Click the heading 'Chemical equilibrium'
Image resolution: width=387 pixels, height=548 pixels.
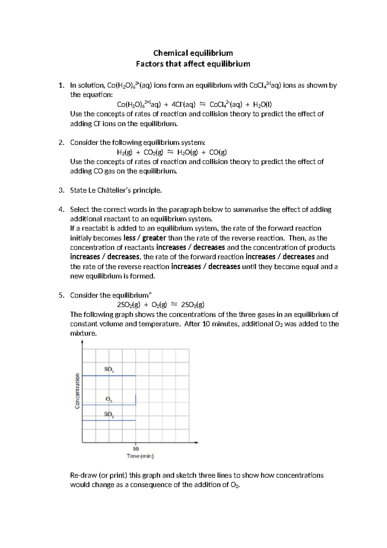tap(193, 53)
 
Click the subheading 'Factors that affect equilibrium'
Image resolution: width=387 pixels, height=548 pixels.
tap(193, 64)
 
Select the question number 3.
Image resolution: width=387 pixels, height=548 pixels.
tap(61, 190)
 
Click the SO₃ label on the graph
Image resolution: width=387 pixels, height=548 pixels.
tap(109, 369)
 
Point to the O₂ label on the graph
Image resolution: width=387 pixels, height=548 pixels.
tap(109, 399)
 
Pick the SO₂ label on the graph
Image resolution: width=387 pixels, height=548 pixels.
tap(109, 414)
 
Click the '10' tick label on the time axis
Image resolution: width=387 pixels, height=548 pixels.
tap(136, 449)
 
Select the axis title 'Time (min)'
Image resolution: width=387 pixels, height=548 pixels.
tap(140, 456)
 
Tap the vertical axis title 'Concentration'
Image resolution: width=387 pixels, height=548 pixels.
tap(77, 391)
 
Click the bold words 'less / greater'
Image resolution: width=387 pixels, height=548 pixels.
tap(144, 238)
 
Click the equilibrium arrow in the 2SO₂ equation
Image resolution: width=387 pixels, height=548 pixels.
tap(174, 304)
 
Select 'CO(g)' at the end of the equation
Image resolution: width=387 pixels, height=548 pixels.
tap(218, 152)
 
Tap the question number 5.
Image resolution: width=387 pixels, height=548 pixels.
tap(61, 295)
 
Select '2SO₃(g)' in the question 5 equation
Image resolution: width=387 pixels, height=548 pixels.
tap(193, 305)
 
